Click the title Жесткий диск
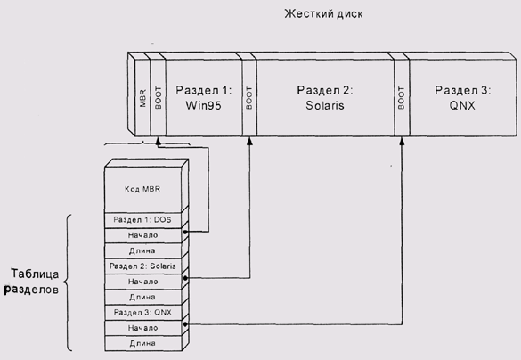(323, 14)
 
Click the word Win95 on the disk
(203, 105)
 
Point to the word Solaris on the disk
(325, 105)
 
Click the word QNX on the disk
(462, 106)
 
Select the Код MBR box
(142, 189)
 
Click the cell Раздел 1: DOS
(142, 220)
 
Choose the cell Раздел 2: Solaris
(142, 266)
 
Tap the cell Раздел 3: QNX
(142, 313)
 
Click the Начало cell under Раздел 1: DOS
(142, 235)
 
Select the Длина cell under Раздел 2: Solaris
(142, 297)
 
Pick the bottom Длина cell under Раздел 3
(142, 343)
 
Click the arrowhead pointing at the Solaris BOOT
(249, 141)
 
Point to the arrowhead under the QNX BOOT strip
(402, 141)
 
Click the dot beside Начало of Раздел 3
(185, 324)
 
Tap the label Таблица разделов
(33, 282)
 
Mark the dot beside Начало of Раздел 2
(185, 278)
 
